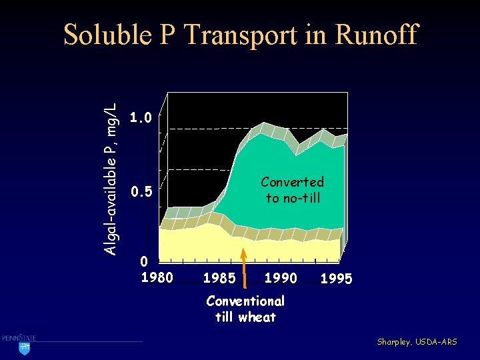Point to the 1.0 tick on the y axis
[x=141, y=119]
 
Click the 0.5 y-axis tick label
[x=141, y=193]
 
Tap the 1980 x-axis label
[x=157, y=276]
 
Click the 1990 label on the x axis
[x=281, y=276]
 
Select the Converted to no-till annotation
[x=292, y=190]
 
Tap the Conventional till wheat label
[x=245, y=309]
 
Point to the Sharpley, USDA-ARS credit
[x=417, y=342]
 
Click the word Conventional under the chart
[x=245, y=301]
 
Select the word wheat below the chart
[x=257, y=317]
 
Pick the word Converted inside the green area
[x=292, y=182]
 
